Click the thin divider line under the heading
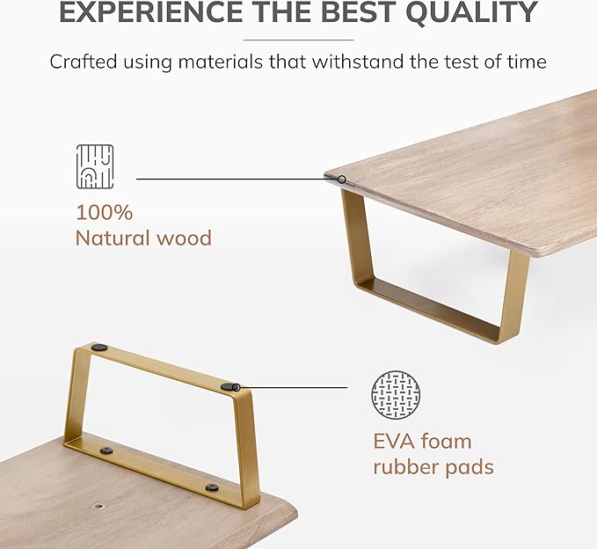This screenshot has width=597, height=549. (x=299, y=40)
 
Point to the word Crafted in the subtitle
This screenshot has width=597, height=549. (x=84, y=62)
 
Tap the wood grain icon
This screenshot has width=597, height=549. (x=95, y=166)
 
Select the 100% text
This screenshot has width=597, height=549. (x=105, y=212)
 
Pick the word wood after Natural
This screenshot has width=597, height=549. (x=184, y=238)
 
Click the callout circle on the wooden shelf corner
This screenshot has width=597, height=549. (x=342, y=179)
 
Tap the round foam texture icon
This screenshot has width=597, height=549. (x=396, y=395)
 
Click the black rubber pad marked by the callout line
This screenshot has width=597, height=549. (x=229, y=387)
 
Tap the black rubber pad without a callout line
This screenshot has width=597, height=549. (x=99, y=347)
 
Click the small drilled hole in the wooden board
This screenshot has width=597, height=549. (x=98, y=507)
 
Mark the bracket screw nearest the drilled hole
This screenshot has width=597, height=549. (x=106, y=450)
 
